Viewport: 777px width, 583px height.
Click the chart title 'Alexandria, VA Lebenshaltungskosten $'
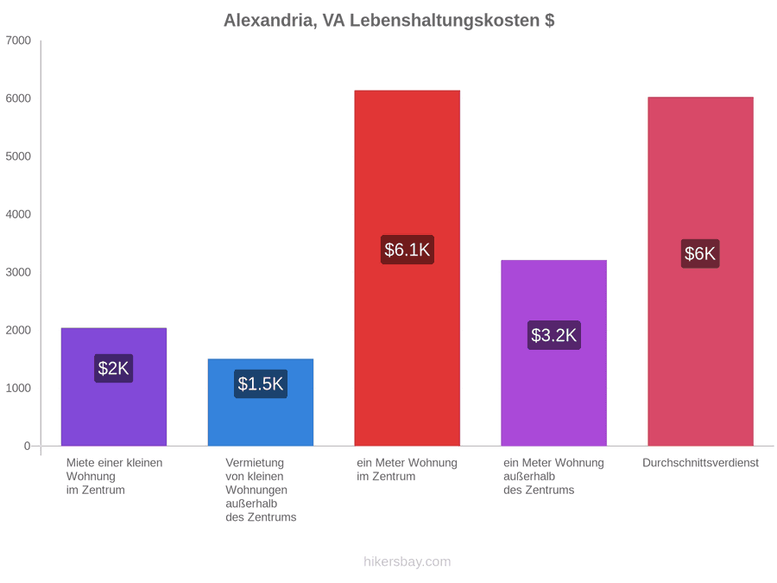pos(389,21)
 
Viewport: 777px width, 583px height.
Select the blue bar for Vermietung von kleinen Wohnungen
pos(261,402)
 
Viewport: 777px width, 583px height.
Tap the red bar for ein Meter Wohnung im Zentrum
pos(407,269)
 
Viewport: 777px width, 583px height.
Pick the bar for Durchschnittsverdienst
pos(701,271)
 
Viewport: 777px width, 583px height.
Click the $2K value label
pos(113,368)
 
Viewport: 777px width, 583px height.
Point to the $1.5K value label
pos(261,383)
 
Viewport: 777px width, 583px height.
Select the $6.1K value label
pos(407,250)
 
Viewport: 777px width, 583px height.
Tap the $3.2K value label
pos(554,335)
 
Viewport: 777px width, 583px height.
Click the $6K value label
pos(700,253)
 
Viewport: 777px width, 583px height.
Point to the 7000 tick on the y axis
pos(18,40)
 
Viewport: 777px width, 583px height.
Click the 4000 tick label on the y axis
pos(18,214)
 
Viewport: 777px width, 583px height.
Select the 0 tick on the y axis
pos(28,446)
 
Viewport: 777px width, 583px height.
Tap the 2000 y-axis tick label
pos(18,330)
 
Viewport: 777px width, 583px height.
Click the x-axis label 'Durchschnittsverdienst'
pos(701,463)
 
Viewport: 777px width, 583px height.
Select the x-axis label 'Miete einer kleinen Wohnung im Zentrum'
pos(115,477)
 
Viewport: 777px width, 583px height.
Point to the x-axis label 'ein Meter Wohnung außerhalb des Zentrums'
pos(554,477)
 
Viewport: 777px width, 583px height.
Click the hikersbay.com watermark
pos(407,561)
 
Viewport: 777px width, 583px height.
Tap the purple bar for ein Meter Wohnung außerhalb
pos(554,353)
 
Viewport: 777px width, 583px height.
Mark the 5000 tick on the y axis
pos(18,156)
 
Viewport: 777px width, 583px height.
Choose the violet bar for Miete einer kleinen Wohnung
pos(114,387)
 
